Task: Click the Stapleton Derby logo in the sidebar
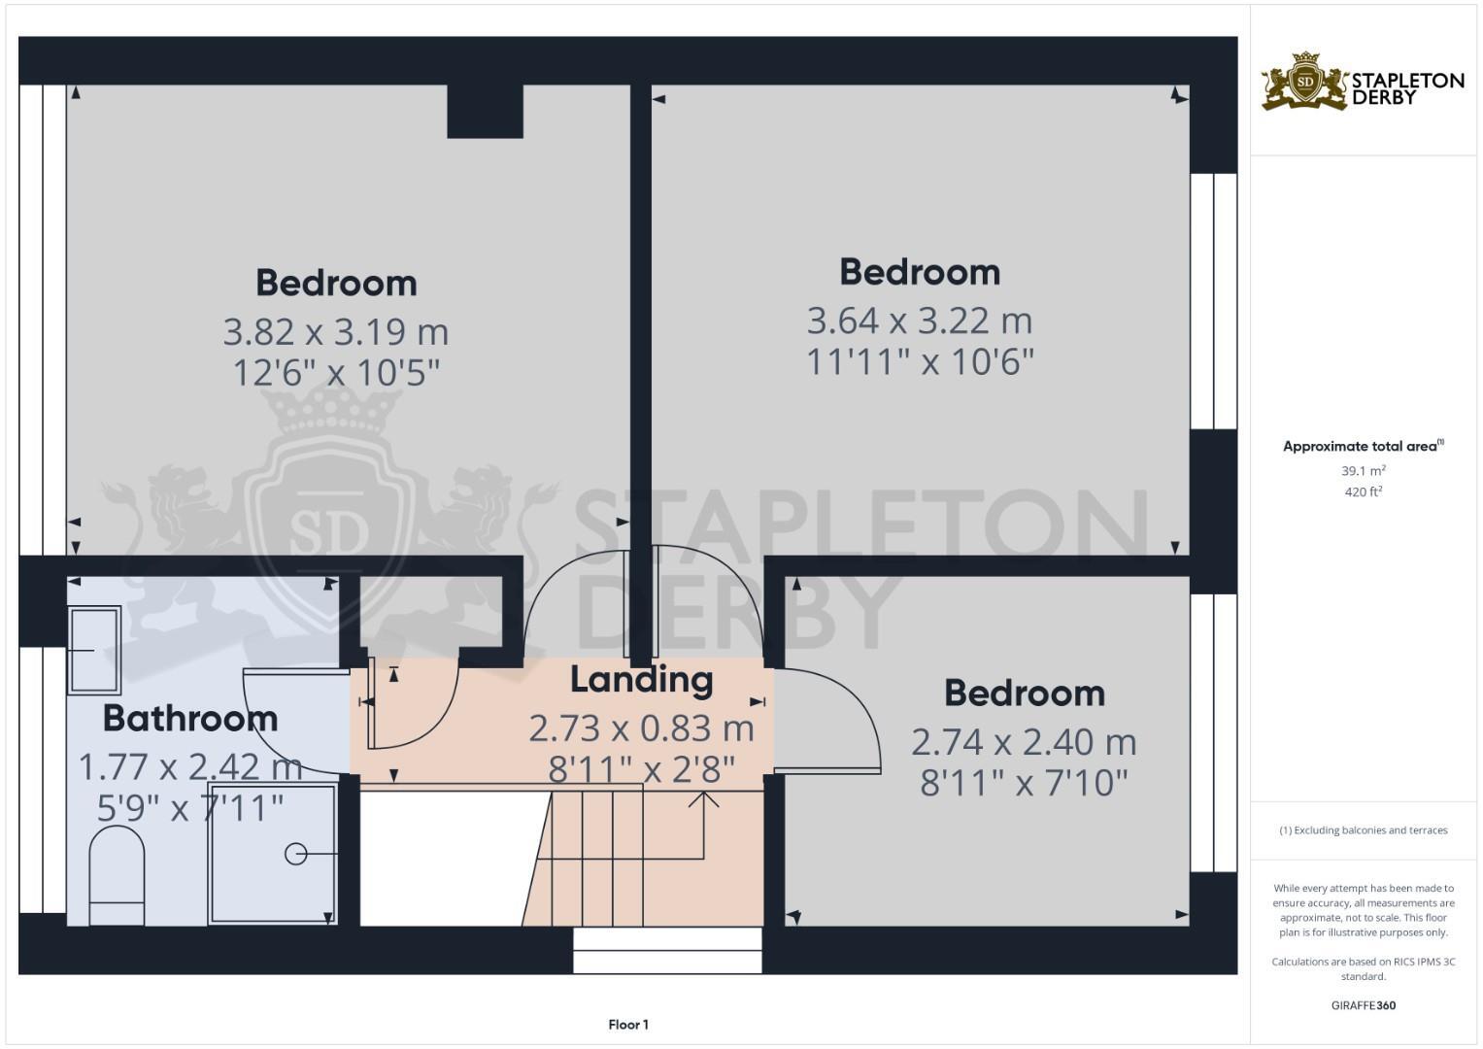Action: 1362,82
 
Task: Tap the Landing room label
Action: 641,680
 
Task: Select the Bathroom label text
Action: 190,719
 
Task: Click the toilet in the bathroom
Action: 117,873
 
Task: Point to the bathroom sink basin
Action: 94,650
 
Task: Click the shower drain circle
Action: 295,854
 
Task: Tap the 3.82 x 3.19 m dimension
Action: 336,332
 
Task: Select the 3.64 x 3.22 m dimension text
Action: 920,321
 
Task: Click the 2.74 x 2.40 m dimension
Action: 1024,742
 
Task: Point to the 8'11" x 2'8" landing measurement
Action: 641,770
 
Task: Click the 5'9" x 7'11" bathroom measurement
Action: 190,807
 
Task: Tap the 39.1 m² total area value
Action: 1363,471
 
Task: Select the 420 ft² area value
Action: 1363,492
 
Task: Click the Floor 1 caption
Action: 628,1025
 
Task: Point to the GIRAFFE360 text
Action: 1363,1005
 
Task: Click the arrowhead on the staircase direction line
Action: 703,798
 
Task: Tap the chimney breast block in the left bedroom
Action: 485,111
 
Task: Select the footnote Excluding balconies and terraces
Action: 1363,830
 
